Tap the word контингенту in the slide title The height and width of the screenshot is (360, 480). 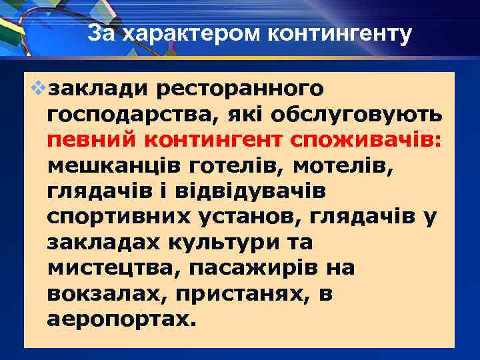point(341,33)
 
